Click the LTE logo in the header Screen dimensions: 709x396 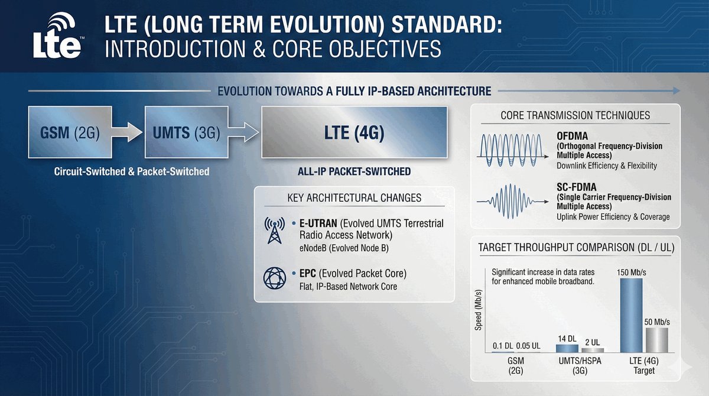click(57, 35)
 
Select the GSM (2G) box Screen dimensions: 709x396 click(70, 132)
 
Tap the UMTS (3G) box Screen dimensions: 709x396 click(187, 132)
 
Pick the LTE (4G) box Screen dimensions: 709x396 click(354, 132)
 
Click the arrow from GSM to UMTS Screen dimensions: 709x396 click(127, 132)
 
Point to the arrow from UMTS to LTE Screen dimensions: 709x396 click(243, 132)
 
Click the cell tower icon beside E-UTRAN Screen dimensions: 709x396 click(274, 230)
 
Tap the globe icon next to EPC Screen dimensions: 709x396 click(274, 278)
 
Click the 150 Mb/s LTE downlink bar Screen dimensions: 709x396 click(631, 315)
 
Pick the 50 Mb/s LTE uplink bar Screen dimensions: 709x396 click(657, 340)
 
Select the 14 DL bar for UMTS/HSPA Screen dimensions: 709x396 click(567, 349)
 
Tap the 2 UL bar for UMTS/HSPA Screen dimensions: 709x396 click(593, 350)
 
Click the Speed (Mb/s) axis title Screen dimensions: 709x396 click(478, 310)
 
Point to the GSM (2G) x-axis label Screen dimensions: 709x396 click(516, 366)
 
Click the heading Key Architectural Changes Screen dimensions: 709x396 click(354, 198)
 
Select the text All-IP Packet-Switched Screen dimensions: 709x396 click(354, 171)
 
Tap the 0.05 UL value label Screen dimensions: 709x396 click(528, 346)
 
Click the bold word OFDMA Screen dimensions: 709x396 click(573, 136)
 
